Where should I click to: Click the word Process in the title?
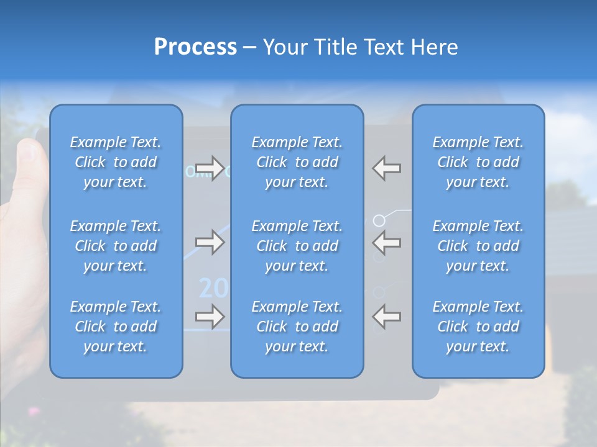195,47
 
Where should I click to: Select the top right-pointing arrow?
210,168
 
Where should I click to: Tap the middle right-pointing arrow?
210,242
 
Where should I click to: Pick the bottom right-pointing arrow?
210,317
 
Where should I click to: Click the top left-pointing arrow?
387,168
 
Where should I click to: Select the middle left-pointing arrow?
387,242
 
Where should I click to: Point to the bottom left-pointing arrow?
387,317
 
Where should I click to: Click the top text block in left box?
116,162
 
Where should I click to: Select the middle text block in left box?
116,246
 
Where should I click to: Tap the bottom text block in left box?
116,327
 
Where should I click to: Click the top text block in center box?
297,162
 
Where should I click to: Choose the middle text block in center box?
297,246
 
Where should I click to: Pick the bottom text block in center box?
297,327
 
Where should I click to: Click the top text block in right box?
478,162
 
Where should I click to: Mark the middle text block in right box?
478,246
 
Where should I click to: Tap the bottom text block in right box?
478,327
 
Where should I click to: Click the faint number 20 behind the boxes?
211,288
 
